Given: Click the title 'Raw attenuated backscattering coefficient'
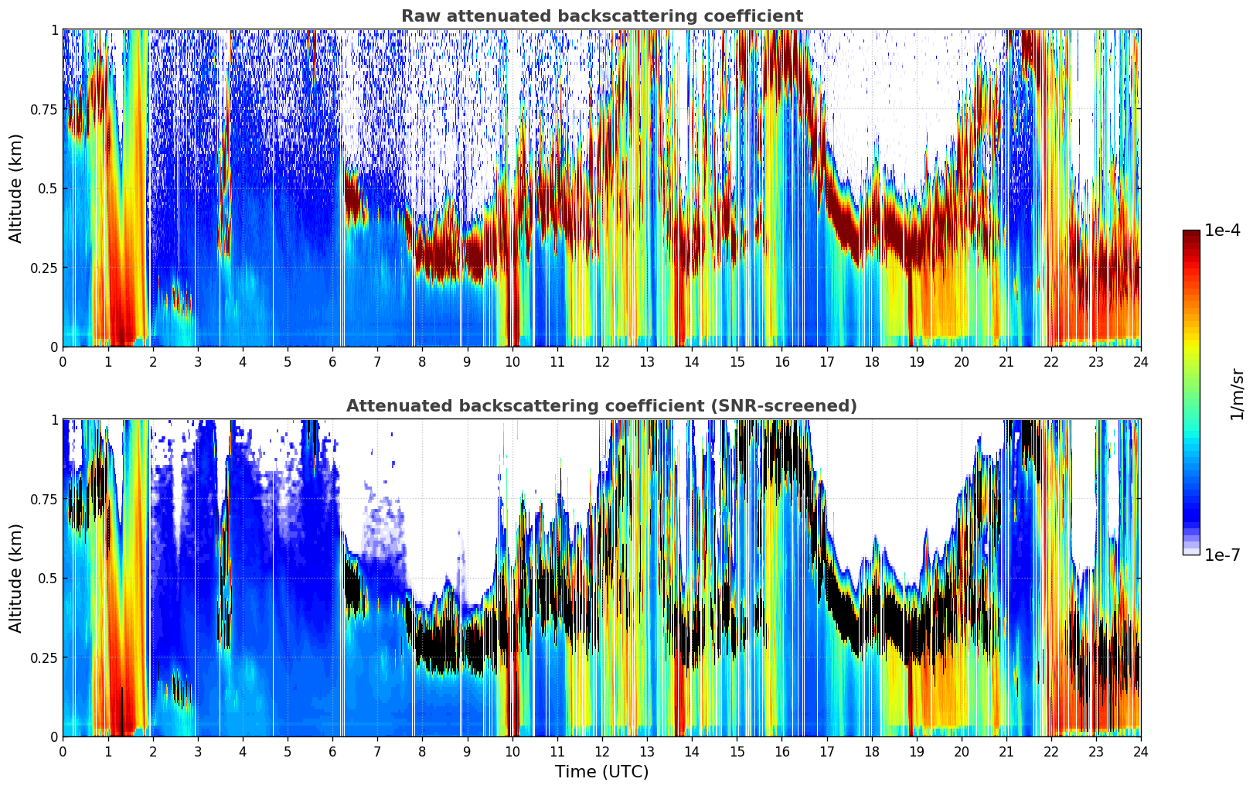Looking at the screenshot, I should pos(601,16).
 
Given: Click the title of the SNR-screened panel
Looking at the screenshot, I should pos(601,406).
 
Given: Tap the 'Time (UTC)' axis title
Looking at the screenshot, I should pos(601,772).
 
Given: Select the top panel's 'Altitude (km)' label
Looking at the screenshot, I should pos(15,188).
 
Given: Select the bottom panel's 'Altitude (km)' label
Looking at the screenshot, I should pos(15,578).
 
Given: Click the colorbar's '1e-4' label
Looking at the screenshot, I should pos(1222,231).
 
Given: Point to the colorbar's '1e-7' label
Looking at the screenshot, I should pos(1222,555).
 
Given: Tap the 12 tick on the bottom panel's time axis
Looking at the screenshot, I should pos(602,752).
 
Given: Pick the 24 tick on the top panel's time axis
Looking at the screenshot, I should pos(1141,362).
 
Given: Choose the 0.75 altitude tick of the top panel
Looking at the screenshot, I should pos(44,109).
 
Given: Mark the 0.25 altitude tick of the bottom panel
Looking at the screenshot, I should pos(44,657).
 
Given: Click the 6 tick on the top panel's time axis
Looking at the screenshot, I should pos(332,362).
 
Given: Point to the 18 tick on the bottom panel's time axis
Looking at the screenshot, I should pos(872,752).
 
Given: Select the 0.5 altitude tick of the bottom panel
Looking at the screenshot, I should pos(48,578).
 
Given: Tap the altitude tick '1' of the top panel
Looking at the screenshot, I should pos(54,29).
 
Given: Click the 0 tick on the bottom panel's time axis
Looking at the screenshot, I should pos(63,752).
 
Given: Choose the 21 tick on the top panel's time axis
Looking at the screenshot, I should pos(1006,362).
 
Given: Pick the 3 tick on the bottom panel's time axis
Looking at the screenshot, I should pos(198,752).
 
